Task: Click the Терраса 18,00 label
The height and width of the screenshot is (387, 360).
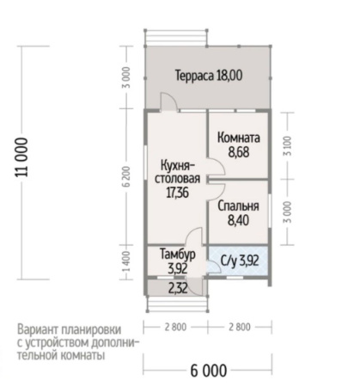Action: click(208, 75)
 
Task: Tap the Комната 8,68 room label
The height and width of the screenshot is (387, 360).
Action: click(239, 144)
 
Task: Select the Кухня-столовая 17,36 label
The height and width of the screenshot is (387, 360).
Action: click(179, 179)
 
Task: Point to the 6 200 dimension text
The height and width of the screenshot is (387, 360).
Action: click(126, 178)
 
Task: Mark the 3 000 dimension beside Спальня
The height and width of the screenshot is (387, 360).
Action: click(288, 210)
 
